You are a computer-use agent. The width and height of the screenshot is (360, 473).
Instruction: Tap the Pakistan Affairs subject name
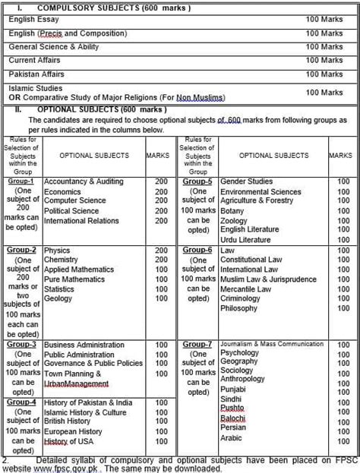[x=36, y=74]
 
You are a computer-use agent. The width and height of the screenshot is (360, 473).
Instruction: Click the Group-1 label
[x=22, y=182]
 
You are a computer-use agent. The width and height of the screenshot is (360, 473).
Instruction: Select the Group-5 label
[x=198, y=182]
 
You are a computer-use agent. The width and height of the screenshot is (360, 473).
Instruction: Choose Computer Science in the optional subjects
[x=75, y=201]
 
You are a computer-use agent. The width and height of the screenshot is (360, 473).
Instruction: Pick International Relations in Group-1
[x=81, y=221]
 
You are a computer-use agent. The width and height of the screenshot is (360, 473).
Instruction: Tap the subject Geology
[x=60, y=299]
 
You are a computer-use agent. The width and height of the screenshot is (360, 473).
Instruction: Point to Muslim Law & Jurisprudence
[x=268, y=279]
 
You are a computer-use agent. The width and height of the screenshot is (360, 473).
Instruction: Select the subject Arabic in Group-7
[x=232, y=437]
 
